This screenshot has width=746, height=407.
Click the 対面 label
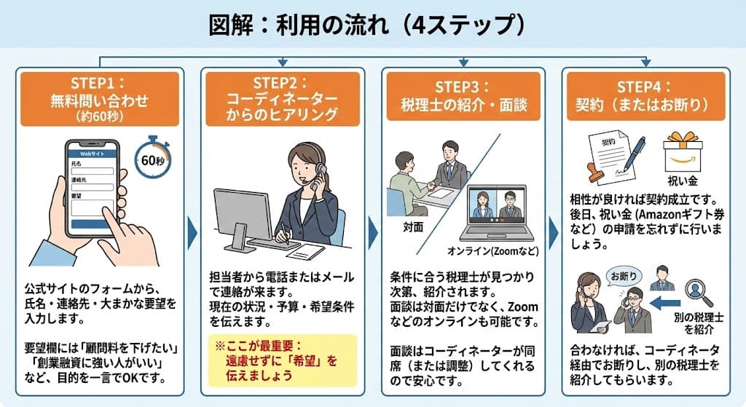point(413,226)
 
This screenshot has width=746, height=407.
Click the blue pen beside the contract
point(631,154)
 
